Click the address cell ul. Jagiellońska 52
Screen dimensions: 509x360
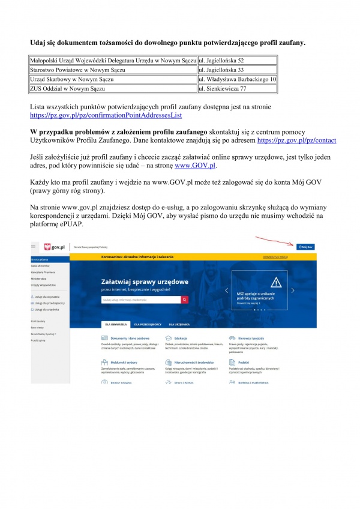click(x=222, y=61)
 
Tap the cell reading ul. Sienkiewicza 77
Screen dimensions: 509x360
click(x=222, y=89)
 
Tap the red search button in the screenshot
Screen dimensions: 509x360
click(x=185, y=298)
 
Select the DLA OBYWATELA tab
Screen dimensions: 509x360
click(x=115, y=324)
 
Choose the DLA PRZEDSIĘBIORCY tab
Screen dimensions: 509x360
click(x=147, y=324)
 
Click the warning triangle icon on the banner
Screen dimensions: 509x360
click(x=259, y=283)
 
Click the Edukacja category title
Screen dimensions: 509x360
click(x=181, y=338)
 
